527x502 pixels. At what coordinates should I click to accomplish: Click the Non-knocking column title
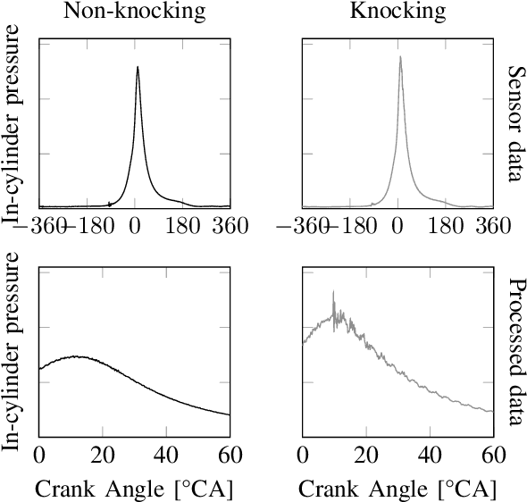(134, 13)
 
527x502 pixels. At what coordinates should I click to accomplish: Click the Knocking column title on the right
(398, 13)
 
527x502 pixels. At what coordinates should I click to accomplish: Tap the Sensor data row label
(515, 123)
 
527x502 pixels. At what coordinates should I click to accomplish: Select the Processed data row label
(515, 353)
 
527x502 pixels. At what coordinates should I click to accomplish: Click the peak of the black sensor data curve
(138, 66)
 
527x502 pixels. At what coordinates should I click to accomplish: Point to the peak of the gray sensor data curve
(400, 57)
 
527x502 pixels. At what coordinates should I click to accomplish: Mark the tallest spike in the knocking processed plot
(333, 291)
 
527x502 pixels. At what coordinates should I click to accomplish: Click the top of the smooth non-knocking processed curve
(78, 356)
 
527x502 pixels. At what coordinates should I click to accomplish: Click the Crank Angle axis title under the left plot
(134, 489)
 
